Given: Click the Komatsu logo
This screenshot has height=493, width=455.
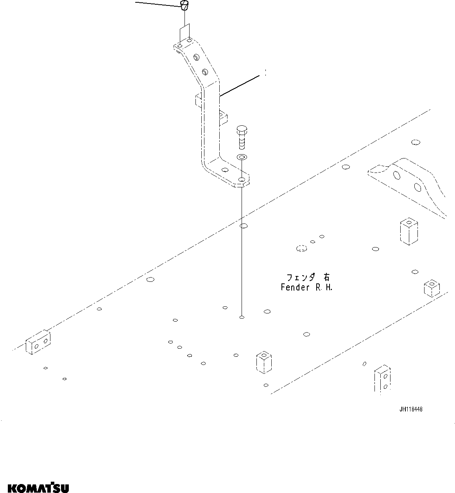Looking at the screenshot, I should click(38, 488).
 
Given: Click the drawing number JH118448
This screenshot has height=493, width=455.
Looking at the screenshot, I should click(410, 409).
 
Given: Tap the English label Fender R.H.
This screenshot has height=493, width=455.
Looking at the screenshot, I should click(306, 288).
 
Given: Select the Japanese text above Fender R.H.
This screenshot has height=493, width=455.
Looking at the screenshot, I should click(308, 278).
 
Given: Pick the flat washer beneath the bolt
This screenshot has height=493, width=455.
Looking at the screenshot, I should click(242, 157).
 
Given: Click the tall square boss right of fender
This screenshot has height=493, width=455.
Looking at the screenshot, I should click(408, 232).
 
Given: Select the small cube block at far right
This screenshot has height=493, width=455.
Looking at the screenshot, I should click(432, 288).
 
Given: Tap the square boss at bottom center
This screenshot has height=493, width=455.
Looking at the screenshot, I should click(264, 362).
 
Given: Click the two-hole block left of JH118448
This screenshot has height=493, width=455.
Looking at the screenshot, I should click(382, 380).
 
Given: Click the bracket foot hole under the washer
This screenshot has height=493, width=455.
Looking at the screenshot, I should click(242, 180).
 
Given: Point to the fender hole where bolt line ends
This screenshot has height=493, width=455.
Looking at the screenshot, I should click(242, 317).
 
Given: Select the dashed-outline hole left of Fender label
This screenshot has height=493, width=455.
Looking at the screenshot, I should click(301, 248).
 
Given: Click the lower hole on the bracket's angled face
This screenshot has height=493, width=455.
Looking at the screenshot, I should click(204, 71).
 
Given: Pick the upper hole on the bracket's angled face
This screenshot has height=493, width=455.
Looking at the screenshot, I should click(195, 58).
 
